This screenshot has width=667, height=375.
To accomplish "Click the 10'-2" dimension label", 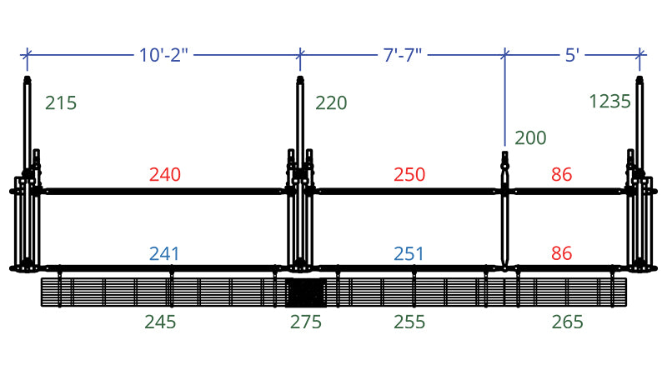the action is [163, 55].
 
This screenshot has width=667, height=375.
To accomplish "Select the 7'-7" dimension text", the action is [403, 55].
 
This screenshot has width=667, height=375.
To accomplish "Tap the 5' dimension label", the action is [572, 55].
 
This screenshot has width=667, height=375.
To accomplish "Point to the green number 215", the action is [61, 102].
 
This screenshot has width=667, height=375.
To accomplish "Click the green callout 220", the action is [331, 102].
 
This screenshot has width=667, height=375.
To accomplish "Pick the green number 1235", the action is [609, 102].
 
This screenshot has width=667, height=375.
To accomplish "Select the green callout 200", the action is [530, 137].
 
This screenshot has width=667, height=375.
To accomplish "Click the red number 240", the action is [165, 174].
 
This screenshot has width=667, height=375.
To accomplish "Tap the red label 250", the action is [409, 174].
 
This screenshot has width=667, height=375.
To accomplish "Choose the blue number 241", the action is [164, 254].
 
